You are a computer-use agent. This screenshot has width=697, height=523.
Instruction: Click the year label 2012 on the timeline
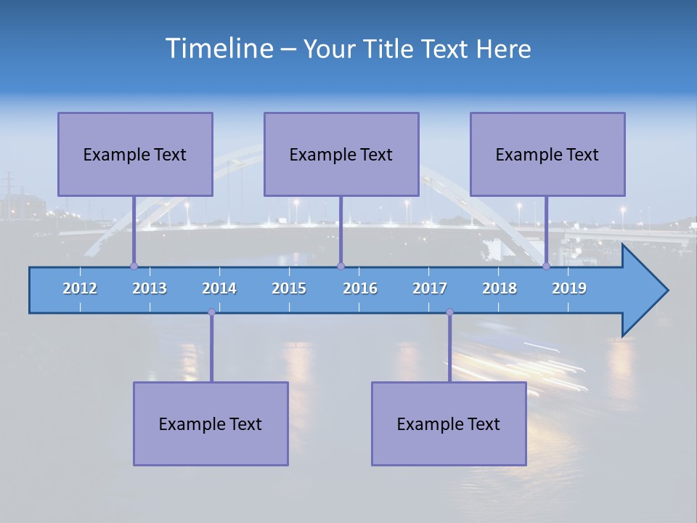(80, 288)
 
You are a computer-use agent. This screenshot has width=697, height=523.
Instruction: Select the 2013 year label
(150, 288)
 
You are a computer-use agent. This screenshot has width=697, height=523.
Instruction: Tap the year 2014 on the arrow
(219, 288)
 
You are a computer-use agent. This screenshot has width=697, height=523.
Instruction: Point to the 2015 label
(289, 288)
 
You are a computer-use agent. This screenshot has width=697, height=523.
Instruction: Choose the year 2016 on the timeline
(360, 288)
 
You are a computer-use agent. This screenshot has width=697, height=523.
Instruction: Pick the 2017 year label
(430, 288)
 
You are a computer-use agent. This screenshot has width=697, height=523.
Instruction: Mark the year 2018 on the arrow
(500, 288)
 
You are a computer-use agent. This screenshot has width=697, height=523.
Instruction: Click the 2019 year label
(569, 288)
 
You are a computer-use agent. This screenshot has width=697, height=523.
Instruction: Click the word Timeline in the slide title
(218, 49)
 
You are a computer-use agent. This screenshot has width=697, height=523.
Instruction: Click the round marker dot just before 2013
(134, 266)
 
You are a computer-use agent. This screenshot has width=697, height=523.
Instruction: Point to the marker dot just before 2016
(341, 266)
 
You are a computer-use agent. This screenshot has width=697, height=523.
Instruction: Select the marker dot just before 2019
(547, 266)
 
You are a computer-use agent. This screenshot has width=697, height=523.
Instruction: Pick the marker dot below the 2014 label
(211, 312)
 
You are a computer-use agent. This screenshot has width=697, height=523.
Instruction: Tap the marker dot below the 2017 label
(449, 312)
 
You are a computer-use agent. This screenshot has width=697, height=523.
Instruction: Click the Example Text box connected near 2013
(135, 154)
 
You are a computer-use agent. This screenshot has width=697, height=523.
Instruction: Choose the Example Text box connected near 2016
(341, 154)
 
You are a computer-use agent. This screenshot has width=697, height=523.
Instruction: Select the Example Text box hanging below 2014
(211, 423)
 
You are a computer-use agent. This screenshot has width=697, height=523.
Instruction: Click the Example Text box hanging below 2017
(449, 423)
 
